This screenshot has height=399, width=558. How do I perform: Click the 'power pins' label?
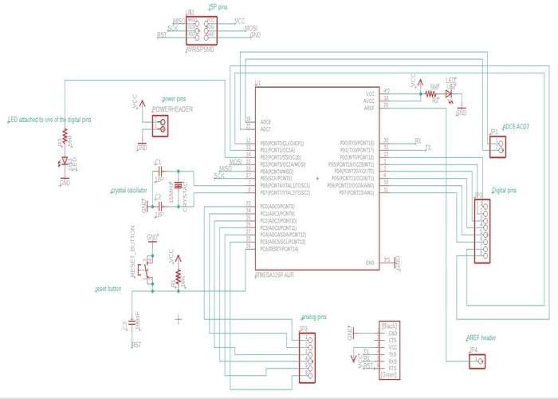(174, 99)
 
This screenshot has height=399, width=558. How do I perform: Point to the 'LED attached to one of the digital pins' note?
(49, 120)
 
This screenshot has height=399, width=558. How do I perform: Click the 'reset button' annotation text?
(108, 289)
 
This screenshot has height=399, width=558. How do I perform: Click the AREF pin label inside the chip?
(368, 107)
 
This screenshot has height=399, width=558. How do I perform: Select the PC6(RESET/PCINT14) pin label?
(279, 249)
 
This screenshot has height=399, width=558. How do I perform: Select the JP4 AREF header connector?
(478, 361)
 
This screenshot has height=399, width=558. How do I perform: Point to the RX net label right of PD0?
(418, 141)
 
